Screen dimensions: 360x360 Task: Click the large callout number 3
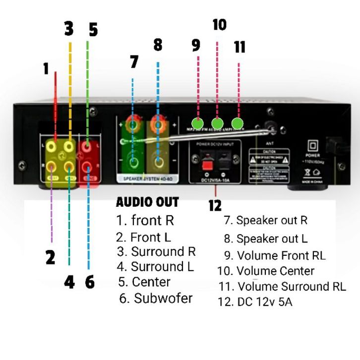(68, 29)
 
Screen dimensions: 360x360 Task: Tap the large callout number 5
(93, 30)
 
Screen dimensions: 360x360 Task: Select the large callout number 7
(134, 62)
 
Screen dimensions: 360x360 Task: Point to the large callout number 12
(215, 205)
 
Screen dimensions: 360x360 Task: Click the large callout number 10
(219, 25)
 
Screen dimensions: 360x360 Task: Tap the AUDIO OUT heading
(147, 202)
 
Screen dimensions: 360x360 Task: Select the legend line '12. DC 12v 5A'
(254, 301)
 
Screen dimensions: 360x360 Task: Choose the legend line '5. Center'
(144, 282)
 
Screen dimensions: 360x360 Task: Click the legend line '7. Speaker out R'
(266, 220)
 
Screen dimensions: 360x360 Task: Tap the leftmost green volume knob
(197, 122)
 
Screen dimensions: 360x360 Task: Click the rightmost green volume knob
(238, 122)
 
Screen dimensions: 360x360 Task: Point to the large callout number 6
(90, 282)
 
